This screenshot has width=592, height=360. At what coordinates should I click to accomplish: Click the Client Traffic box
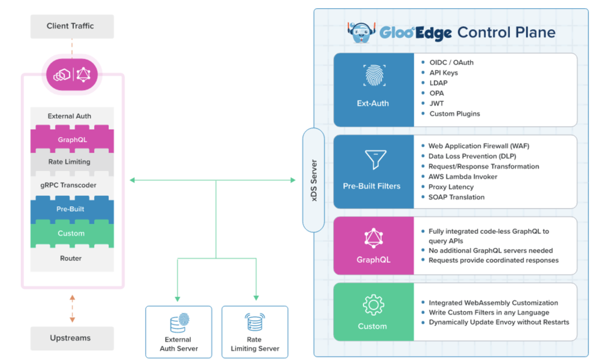click(x=70, y=27)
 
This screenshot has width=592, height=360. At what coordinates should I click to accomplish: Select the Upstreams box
click(x=70, y=338)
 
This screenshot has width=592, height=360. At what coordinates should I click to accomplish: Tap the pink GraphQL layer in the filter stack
click(x=71, y=140)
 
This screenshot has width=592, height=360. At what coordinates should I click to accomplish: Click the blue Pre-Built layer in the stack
click(x=71, y=209)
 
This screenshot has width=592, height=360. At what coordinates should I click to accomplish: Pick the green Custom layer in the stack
click(x=71, y=233)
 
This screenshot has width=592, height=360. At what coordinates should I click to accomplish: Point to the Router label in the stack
click(x=71, y=258)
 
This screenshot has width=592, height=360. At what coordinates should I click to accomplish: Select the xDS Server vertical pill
click(x=314, y=180)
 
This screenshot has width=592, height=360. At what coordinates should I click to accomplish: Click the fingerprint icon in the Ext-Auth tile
click(x=374, y=76)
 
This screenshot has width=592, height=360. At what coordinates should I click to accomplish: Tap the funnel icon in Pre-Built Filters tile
click(x=374, y=159)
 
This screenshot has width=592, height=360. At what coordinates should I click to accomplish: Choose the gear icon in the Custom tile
click(x=374, y=305)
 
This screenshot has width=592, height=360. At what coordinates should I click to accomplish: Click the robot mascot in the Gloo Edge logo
click(x=361, y=32)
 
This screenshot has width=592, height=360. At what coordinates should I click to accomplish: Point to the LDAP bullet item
click(x=438, y=83)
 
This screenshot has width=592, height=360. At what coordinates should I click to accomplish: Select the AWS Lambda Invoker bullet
click(x=462, y=176)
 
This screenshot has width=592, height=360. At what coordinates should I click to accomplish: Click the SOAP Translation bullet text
click(x=456, y=197)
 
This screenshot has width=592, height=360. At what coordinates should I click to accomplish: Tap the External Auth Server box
click(x=178, y=332)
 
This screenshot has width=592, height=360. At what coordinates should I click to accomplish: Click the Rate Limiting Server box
click(x=255, y=332)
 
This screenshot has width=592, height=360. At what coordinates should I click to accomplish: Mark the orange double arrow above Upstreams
click(x=72, y=308)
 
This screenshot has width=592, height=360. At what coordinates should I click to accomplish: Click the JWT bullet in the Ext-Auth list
click(x=436, y=103)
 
